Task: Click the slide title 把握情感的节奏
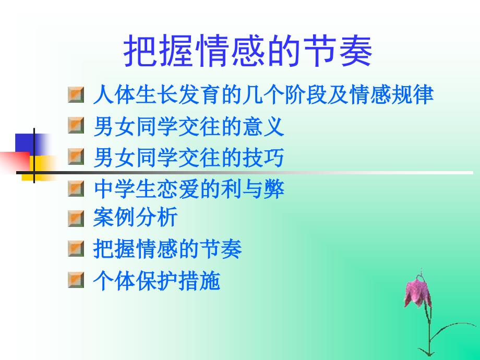248,51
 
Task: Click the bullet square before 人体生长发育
76,95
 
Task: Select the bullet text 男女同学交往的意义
188,126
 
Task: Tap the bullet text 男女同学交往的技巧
188,158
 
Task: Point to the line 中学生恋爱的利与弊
189,189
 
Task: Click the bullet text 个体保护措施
157,281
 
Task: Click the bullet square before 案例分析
76,218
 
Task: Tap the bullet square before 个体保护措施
76,281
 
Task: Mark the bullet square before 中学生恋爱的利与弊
76,189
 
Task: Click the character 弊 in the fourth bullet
274,189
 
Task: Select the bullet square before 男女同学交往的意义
76,126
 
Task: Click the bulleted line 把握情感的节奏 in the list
167,249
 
